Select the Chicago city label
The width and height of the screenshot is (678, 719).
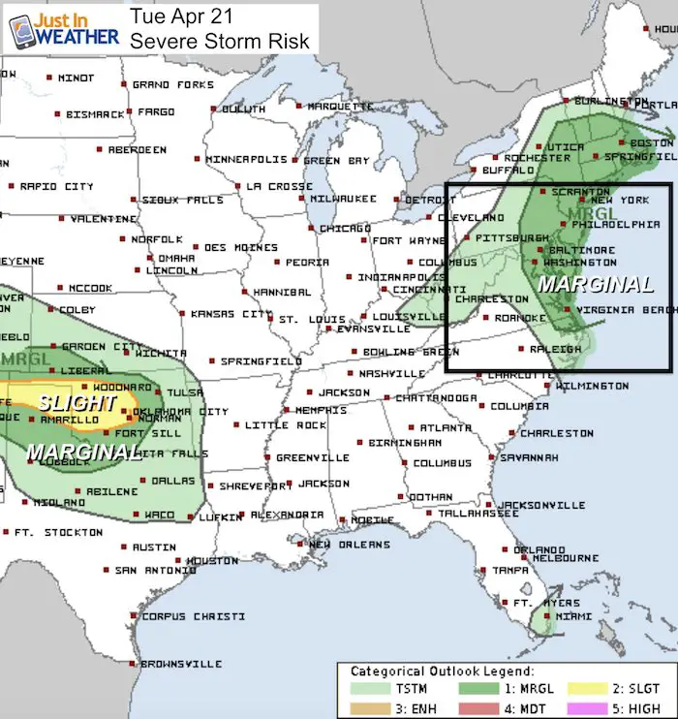345,229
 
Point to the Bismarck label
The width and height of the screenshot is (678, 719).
95,114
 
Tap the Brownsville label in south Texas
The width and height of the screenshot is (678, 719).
181,665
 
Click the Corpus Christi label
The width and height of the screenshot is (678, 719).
190,616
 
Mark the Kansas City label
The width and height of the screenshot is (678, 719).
231,314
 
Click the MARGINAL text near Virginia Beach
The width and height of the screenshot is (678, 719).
595,285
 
